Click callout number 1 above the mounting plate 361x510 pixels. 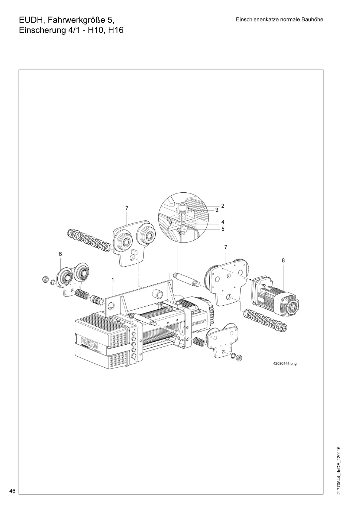113,280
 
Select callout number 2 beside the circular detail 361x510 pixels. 223,206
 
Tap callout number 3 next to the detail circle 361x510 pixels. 217,210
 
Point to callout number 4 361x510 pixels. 223,222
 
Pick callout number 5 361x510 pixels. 223,229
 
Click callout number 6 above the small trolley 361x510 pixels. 60,254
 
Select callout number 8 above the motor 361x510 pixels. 283,260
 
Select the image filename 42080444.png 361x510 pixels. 285,364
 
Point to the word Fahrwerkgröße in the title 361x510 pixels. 77,20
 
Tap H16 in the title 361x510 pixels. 116,30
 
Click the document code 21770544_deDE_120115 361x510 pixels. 339,470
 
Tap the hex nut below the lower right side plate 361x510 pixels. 239,357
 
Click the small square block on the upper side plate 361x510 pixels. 134,252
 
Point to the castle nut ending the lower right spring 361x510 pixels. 283,327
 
